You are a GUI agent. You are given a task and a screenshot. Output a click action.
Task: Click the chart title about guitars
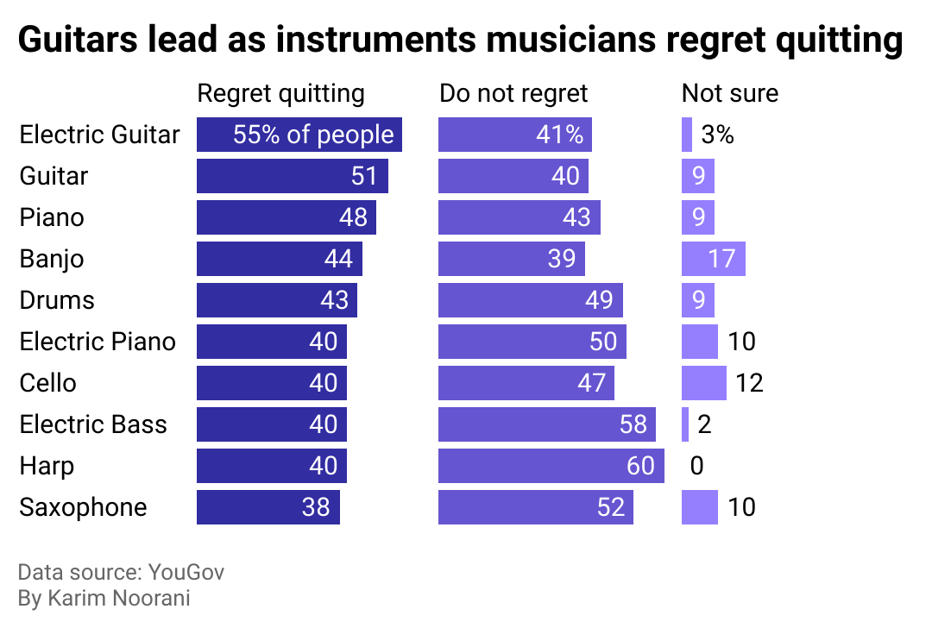(x=460, y=41)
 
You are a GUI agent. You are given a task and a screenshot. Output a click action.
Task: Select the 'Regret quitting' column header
(x=281, y=93)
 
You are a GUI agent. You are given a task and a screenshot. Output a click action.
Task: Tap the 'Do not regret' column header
(x=513, y=93)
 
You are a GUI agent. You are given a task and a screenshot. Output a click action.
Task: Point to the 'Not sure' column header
(x=730, y=93)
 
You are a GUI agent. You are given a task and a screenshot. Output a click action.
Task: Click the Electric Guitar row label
(x=99, y=135)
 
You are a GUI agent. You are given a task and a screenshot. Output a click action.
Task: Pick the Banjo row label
(x=52, y=259)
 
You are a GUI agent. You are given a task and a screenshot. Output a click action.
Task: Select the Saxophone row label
(x=83, y=507)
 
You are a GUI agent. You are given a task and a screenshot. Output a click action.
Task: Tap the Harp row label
(x=47, y=466)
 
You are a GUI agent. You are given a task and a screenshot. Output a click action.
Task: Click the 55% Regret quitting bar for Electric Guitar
(x=299, y=135)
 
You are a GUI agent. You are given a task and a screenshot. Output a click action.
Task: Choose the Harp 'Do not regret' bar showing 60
(x=551, y=466)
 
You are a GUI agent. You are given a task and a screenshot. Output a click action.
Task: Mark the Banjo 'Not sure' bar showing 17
(x=714, y=259)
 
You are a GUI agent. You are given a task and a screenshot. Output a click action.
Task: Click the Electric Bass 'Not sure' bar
(x=685, y=424)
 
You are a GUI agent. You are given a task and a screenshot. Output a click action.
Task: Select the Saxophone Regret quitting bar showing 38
(x=268, y=507)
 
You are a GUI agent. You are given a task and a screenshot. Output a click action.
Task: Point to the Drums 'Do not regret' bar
(x=531, y=300)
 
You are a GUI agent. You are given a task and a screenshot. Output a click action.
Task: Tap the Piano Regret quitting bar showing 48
(x=287, y=217)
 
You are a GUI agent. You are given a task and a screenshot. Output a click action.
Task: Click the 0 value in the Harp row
(x=697, y=466)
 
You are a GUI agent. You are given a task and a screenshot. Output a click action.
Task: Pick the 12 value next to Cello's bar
(x=750, y=383)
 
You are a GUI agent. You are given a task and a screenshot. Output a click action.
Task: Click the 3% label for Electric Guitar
(x=717, y=135)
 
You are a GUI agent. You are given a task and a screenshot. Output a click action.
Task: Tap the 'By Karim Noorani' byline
(x=104, y=599)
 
